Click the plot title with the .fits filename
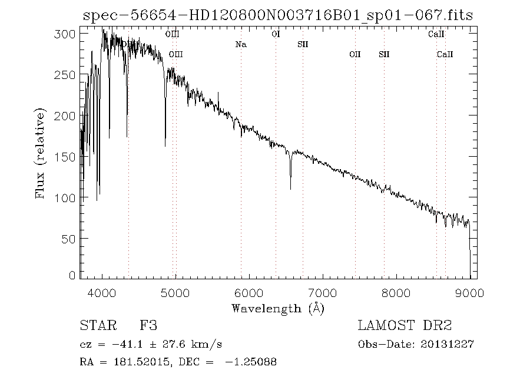277,16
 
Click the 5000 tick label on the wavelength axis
175,292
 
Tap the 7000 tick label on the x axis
323,292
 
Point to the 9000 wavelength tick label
470,292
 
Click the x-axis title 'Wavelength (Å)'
278,308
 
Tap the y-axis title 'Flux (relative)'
41,153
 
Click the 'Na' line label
240,45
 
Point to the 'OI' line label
275,34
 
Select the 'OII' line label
355,55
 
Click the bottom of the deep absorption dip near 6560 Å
290,189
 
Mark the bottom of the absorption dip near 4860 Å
165,146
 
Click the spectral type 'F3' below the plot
148,325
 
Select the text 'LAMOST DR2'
405,325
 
